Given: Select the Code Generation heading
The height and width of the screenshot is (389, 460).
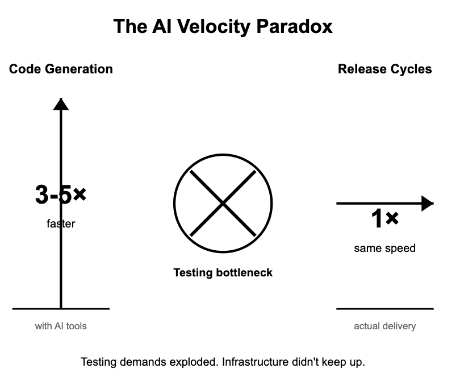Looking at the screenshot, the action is point(61,69).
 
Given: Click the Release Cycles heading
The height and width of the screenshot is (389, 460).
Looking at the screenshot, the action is point(384,69).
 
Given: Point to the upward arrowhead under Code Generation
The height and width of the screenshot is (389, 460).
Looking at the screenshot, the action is point(61,104).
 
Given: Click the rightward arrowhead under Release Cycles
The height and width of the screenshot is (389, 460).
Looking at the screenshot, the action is point(427,203).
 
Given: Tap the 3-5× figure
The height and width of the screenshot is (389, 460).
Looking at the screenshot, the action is point(60,195).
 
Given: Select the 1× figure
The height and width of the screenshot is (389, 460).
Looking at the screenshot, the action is point(384,220).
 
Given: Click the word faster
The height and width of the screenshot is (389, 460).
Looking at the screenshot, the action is point(61,224).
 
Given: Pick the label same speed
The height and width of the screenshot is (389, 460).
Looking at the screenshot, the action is point(384,248).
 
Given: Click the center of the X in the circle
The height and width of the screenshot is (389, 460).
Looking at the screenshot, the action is point(223,203).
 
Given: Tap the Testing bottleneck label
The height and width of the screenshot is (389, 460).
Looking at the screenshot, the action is point(223,273).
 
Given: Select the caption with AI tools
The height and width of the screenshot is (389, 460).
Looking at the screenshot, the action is point(61,326).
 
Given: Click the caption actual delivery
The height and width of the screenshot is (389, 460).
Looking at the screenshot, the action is point(384,326).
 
